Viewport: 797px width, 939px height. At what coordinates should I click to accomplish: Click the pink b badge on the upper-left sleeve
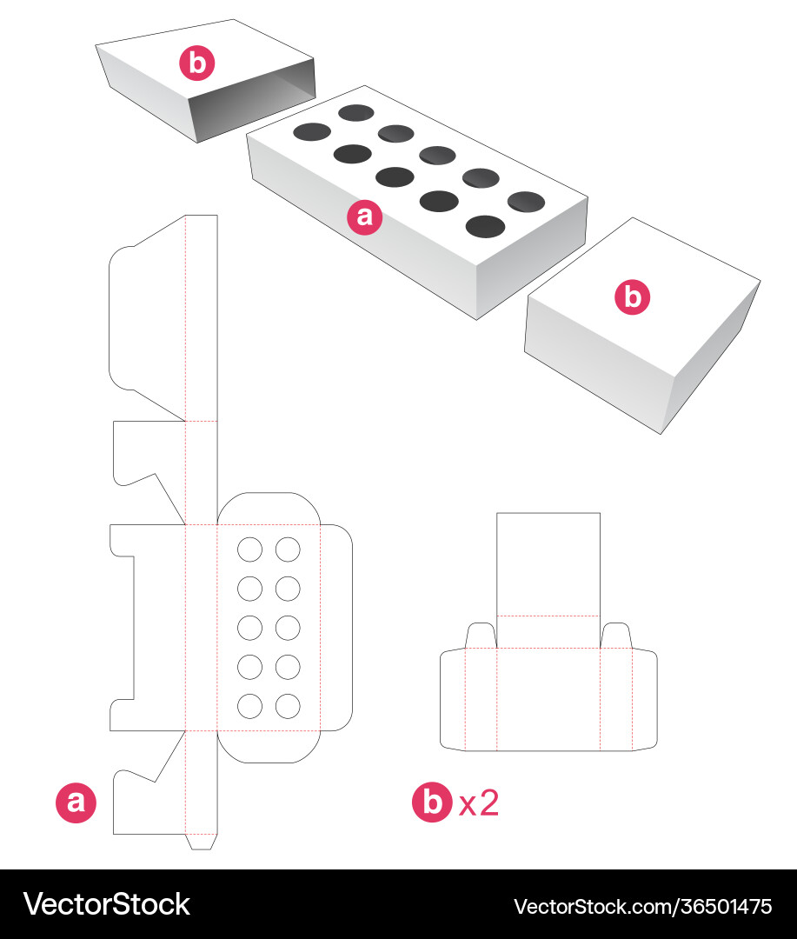click(x=197, y=63)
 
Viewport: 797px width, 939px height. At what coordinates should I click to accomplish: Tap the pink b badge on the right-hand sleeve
click(x=633, y=297)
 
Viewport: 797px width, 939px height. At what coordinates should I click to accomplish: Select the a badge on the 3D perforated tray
click(x=365, y=216)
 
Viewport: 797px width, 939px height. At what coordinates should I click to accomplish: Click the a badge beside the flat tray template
click(x=76, y=802)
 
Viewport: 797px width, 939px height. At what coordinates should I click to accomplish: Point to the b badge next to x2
click(x=432, y=802)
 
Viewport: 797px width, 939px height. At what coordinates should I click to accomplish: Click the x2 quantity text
click(x=478, y=802)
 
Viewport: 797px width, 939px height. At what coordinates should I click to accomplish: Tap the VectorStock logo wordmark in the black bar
click(x=107, y=904)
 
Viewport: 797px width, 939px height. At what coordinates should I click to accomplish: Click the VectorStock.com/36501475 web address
click(x=642, y=907)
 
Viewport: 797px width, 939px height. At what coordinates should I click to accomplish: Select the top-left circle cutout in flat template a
click(x=249, y=549)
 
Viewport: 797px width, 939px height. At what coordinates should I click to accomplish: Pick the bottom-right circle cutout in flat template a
click(x=288, y=706)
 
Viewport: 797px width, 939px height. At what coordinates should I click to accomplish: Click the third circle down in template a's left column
click(x=249, y=628)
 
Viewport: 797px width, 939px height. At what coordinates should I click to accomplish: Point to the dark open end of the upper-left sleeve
click(x=252, y=100)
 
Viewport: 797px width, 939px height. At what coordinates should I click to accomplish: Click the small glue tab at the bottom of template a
click(x=201, y=842)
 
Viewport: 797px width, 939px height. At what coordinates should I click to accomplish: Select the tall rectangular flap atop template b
click(x=548, y=564)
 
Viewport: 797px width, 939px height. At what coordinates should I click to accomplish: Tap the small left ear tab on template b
click(x=481, y=636)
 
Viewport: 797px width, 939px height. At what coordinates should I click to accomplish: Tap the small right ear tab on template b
click(x=616, y=636)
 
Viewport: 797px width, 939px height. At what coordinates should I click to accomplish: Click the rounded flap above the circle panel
click(x=269, y=509)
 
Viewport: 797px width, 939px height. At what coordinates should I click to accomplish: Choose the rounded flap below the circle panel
click(x=269, y=747)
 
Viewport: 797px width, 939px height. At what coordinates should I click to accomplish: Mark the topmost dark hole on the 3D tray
click(x=356, y=112)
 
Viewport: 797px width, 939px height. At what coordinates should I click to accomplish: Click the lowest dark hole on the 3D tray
click(x=486, y=226)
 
